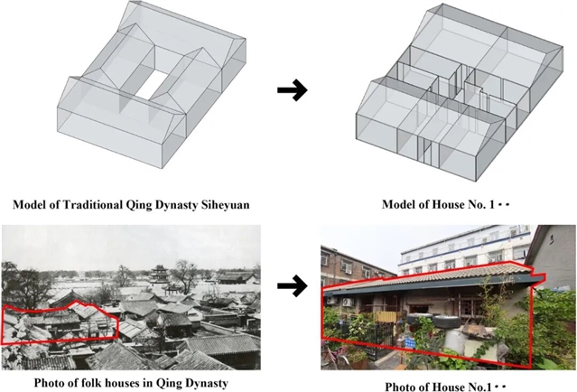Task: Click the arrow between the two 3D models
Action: [292, 91]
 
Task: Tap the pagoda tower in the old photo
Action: [159, 274]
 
